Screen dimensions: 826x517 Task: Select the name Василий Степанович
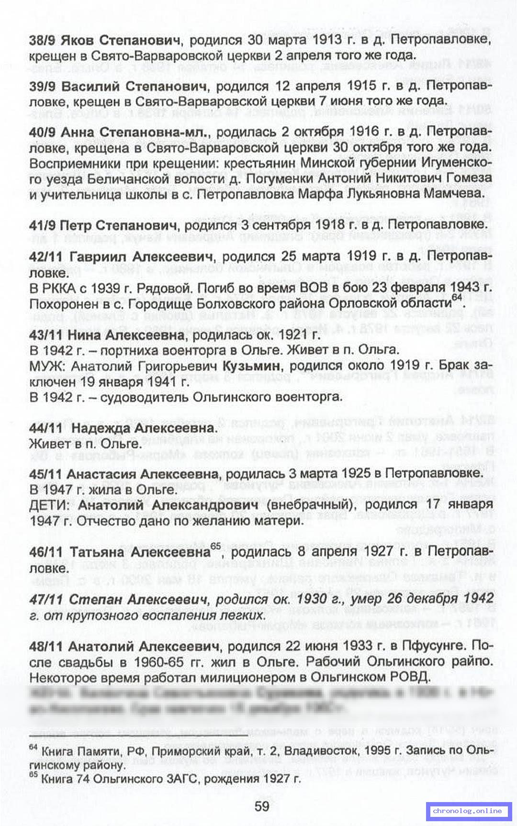pyautogui.click(x=134, y=86)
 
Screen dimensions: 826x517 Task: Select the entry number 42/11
pyautogui.click(x=45, y=257)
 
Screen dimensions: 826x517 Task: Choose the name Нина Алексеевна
pyautogui.click(x=125, y=335)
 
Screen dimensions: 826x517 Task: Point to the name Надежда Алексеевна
pyautogui.click(x=144, y=428)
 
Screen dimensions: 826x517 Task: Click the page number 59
pyautogui.click(x=262, y=806)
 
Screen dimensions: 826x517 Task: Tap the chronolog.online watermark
pyautogui.click(x=467, y=810)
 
